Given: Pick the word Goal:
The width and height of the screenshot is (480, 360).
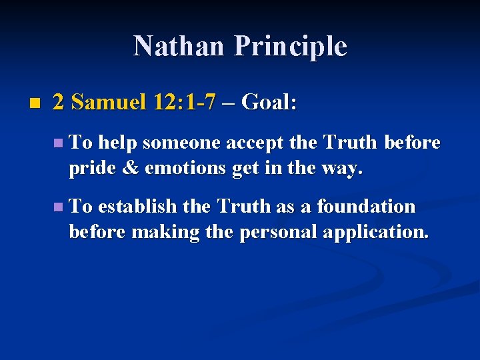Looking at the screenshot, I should coord(269,102).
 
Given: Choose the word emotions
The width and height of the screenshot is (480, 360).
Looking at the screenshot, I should coord(185,168).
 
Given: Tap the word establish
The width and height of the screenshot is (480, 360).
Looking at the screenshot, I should coord(137,207).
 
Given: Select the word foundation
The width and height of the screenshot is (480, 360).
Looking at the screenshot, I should coord(366,207).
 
